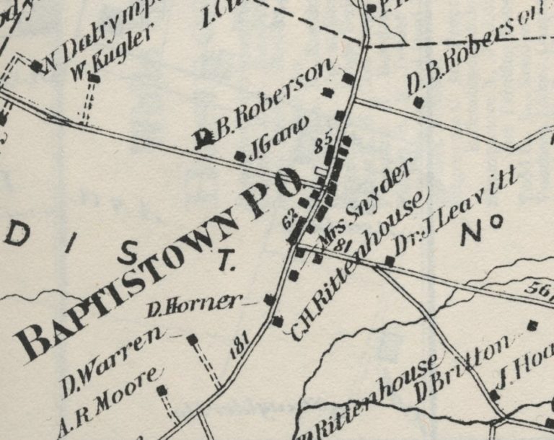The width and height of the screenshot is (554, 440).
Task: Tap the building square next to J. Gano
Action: click(240, 155)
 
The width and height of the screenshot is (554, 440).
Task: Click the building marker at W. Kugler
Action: click(94, 77)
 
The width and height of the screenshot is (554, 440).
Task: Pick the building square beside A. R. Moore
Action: click(162, 390)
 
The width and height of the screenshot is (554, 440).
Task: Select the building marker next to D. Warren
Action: click(192, 338)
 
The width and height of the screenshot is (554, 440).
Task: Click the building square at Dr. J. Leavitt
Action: click(390, 260)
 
